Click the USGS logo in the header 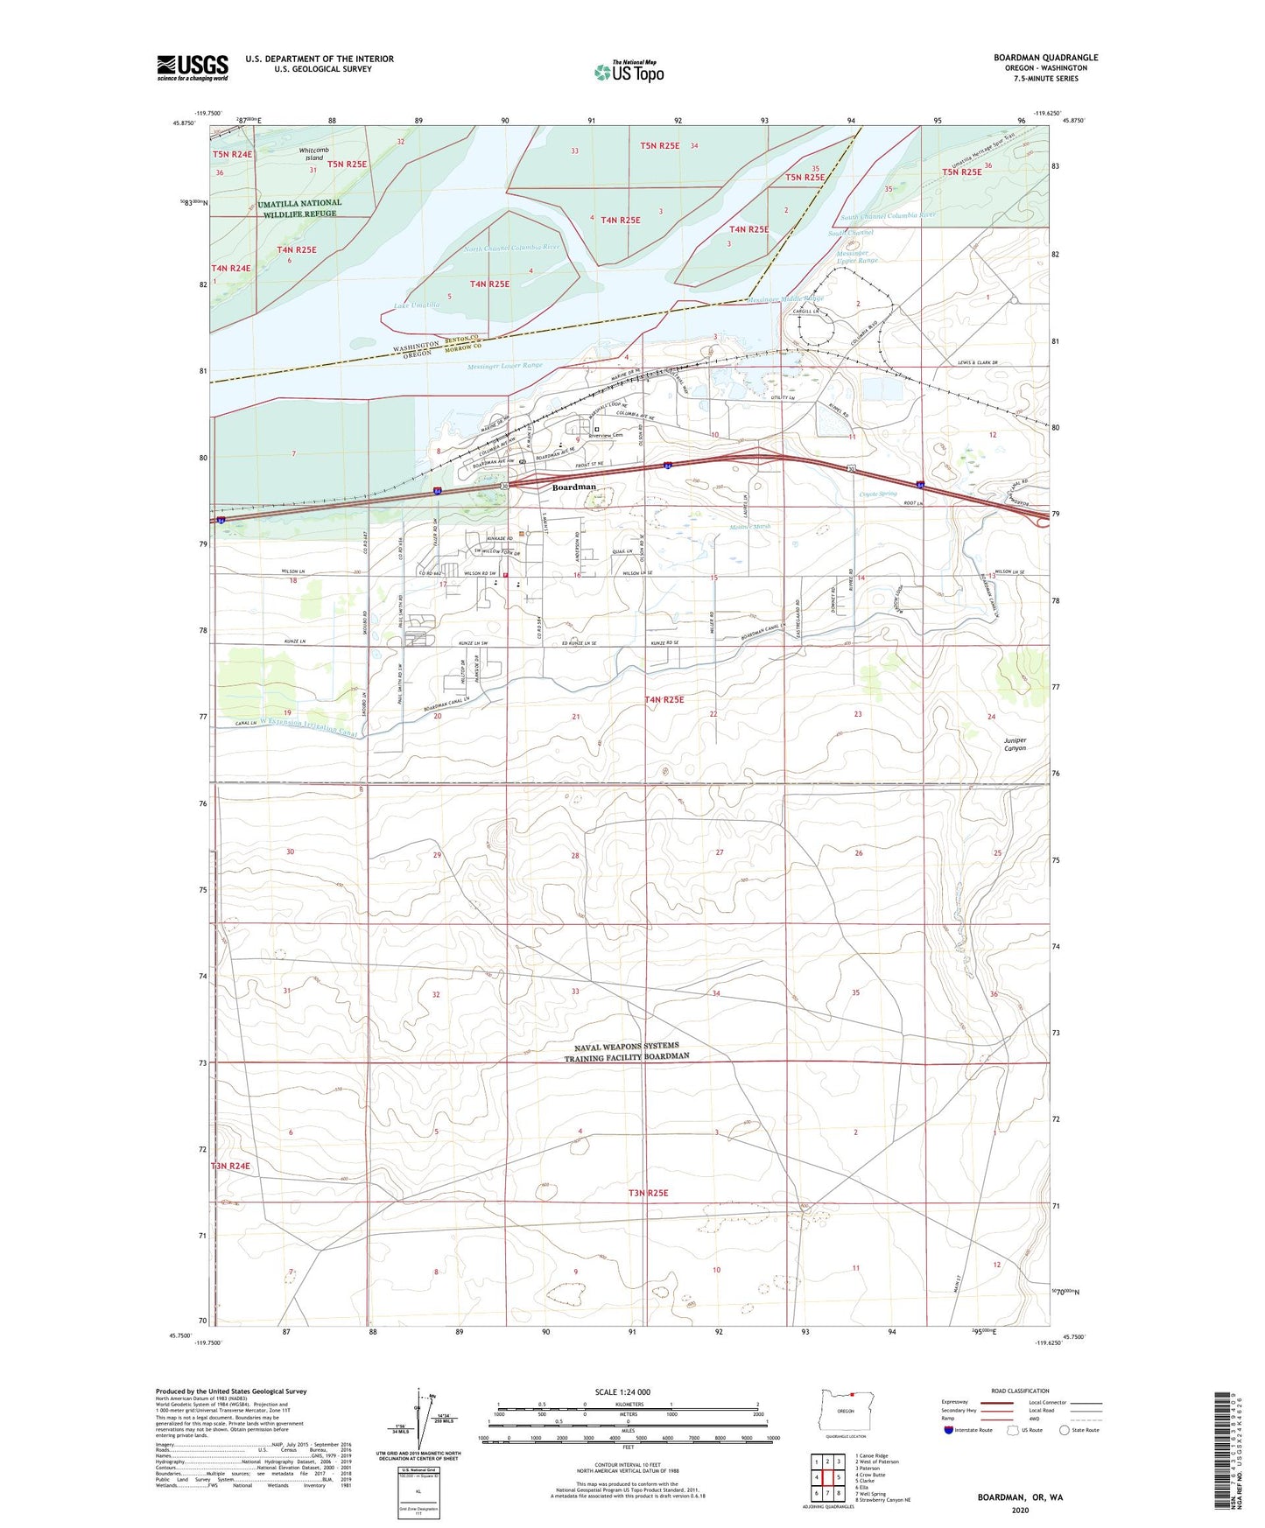pyautogui.click(x=193, y=67)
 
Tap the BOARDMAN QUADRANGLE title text pyautogui.click(x=1045, y=58)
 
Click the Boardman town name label pyautogui.click(x=573, y=487)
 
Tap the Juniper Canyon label pyautogui.click(x=1015, y=744)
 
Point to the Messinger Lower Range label pyautogui.click(x=505, y=366)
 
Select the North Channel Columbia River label pyautogui.click(x=511, y=249)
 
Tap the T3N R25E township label pyautogui.click(x=648, y=1193)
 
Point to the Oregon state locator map pyautogui.click(x=845, y=1411)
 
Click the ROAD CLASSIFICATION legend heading pyautogui.click(x=1020, y=1391)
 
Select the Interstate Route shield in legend pyautogui.click(x=950, y=1430)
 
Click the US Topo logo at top pyautogui.click(x=629, y=72)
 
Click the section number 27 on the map pyautogui.click(x=720, y=852)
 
